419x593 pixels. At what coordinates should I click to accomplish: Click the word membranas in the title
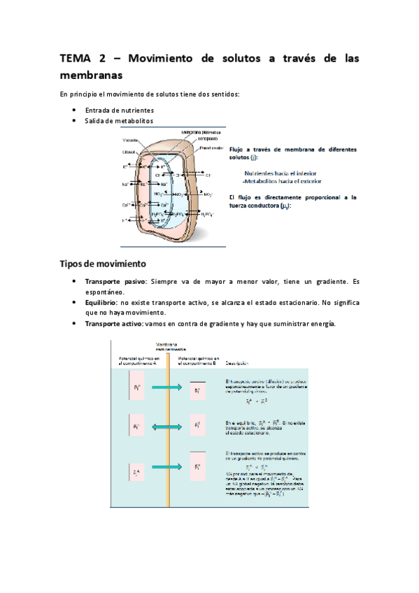91,74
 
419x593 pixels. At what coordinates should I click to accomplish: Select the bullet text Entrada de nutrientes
119,110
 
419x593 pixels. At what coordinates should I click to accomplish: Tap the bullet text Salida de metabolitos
119,120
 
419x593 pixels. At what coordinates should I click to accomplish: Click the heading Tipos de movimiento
102,264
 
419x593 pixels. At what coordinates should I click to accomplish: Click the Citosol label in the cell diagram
129,152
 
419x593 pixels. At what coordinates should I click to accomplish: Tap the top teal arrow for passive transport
166,386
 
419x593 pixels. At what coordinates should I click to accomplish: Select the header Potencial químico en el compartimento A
139,360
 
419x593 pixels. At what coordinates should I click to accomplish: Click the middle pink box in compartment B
197,425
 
